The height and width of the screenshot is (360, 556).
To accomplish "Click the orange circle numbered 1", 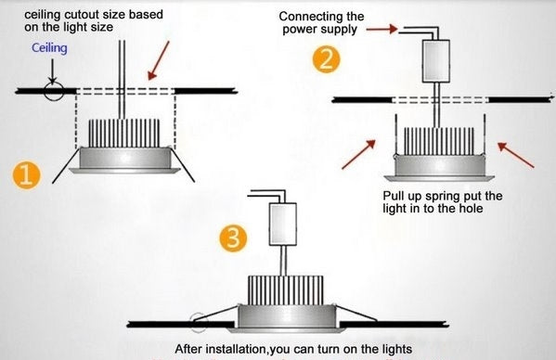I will point(27,174).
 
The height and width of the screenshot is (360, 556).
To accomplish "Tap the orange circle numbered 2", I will point(325,61).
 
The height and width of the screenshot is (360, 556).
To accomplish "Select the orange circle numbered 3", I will point(237,238).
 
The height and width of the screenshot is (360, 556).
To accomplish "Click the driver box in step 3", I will point(281,223).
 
